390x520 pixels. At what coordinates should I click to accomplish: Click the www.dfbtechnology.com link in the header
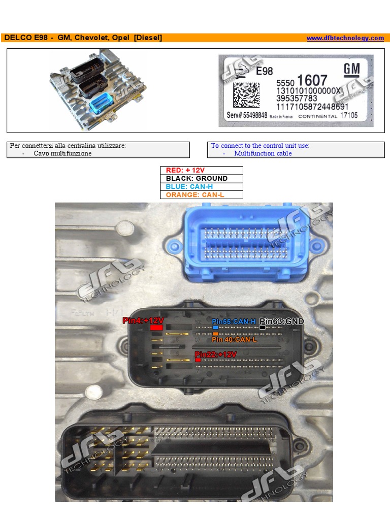(345, 38)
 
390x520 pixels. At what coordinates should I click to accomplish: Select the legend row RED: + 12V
(202, 170)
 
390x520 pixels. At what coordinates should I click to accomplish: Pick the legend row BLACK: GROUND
(202, 178)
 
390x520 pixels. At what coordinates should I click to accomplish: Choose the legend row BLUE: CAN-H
(202, 186)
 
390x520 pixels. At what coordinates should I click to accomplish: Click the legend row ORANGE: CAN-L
(202, 194)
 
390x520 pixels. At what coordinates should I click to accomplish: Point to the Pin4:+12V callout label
(143, 320)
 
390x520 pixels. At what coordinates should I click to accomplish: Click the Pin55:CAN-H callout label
(234, 321)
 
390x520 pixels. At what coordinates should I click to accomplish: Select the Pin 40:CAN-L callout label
(235, 339)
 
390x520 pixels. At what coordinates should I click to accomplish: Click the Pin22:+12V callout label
(216, 354)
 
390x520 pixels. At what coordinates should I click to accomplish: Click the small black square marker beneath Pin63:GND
(263, 328)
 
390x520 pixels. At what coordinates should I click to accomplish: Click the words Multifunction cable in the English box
(263, 153)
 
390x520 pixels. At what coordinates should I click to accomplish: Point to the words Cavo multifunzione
(63, 153)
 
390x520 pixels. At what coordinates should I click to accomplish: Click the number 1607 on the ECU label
(312, 81)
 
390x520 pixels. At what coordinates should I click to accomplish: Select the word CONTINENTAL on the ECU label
(317, 116)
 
